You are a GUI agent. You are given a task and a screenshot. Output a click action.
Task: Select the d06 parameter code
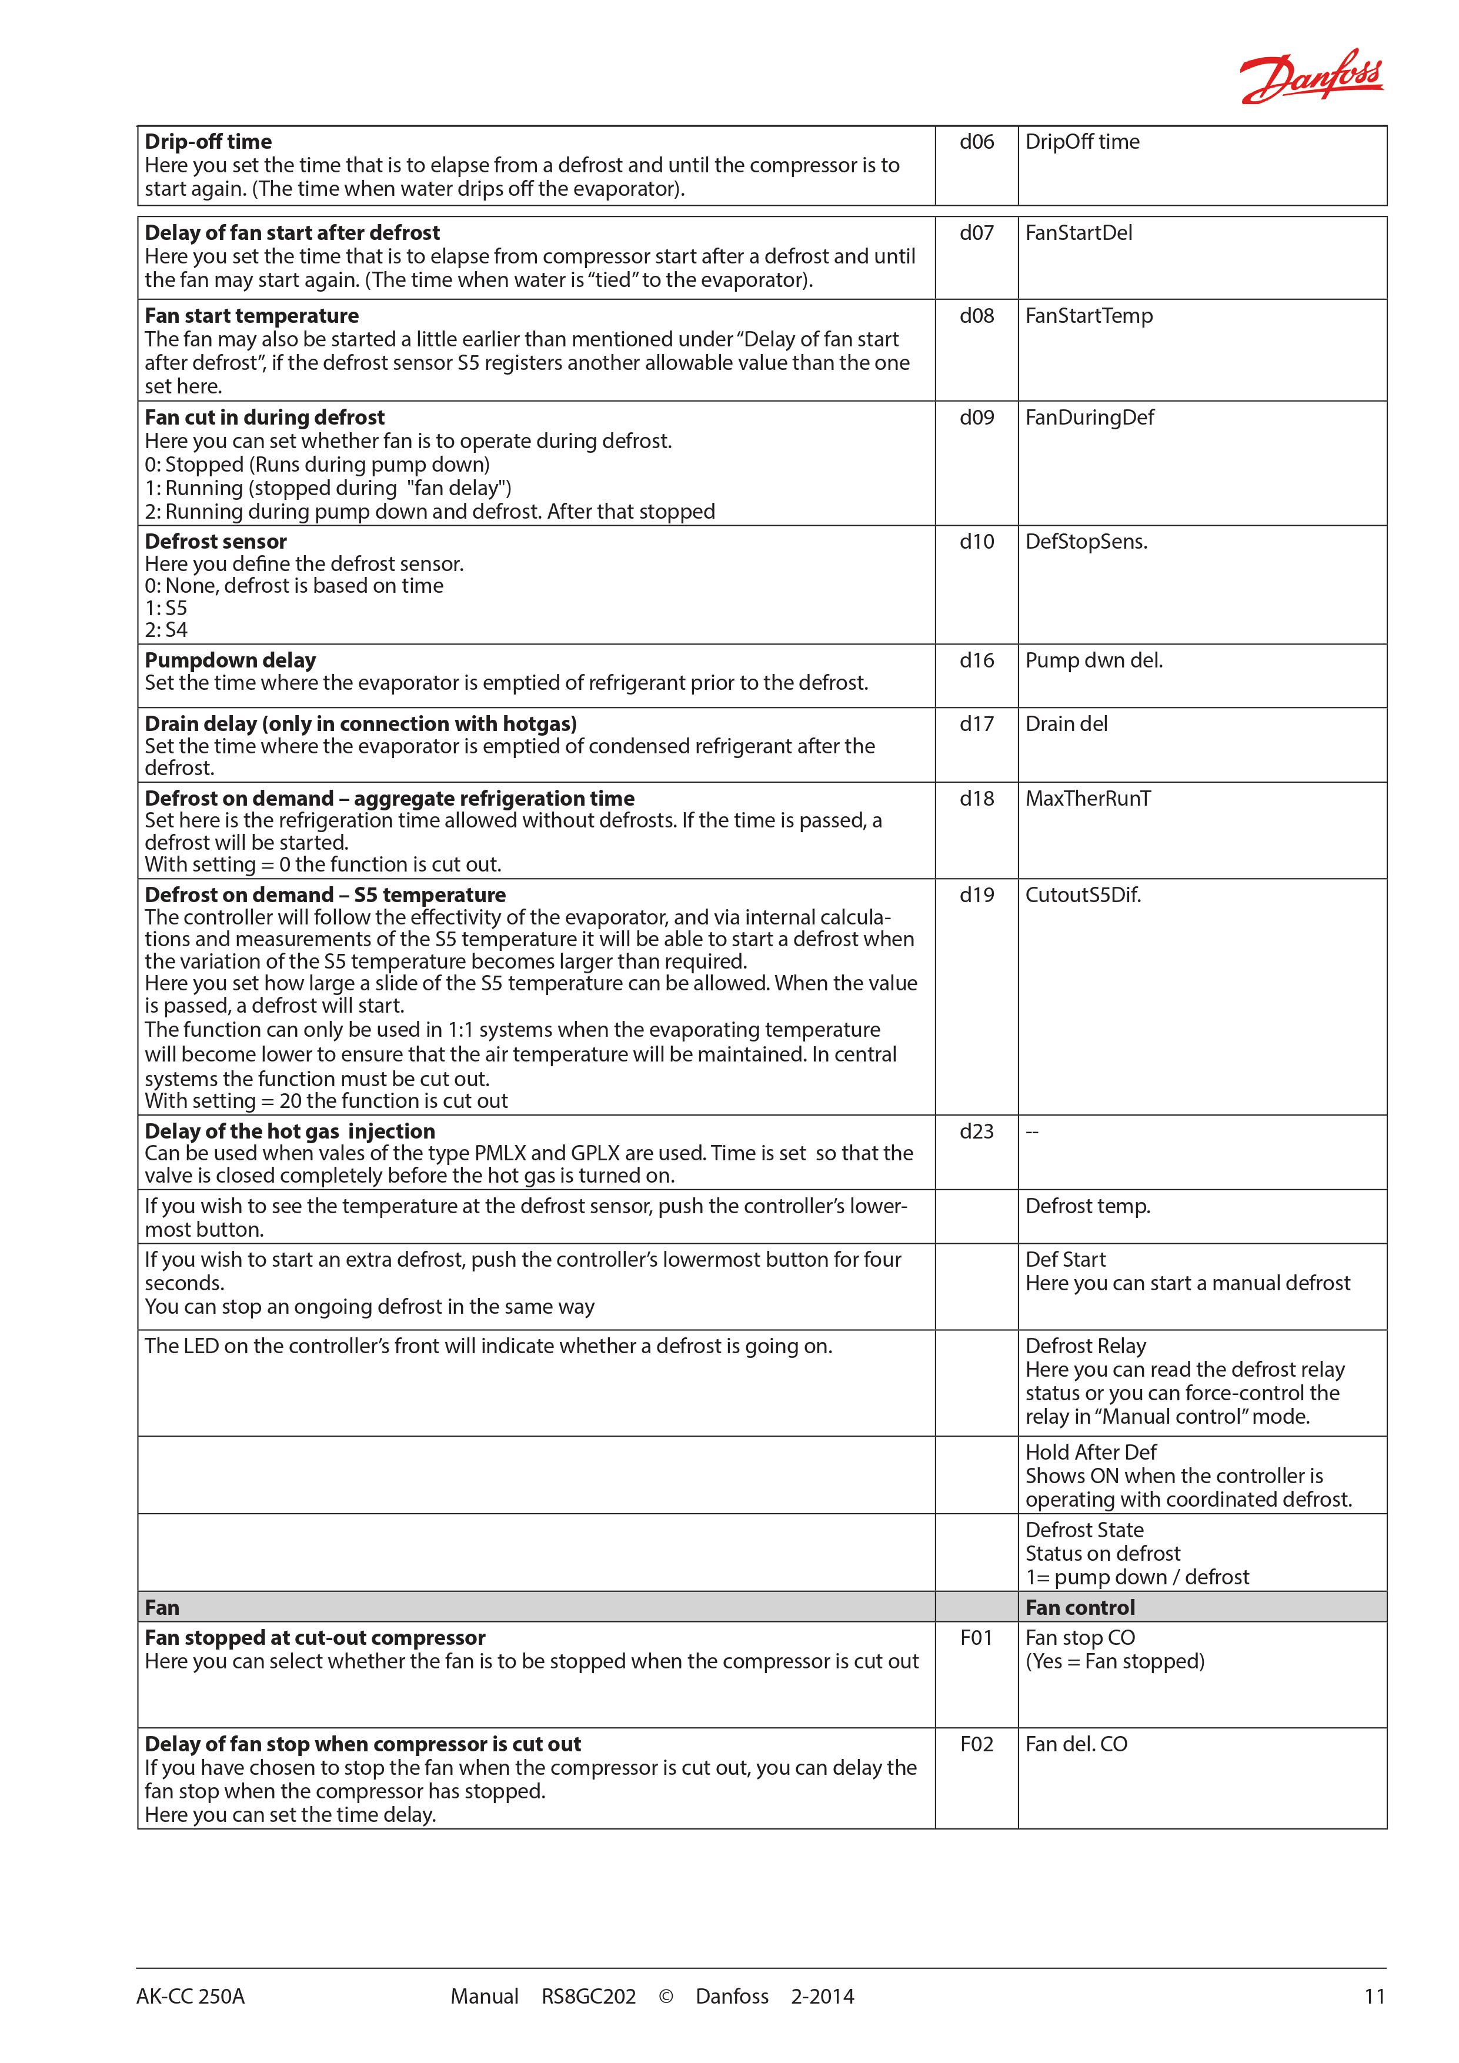pyautogui.click(x=977, y=142)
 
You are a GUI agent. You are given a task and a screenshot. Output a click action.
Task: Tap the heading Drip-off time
pyautogui.click(x=208, y=142)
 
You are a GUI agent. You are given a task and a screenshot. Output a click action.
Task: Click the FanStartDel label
pyautogui.click(x=1078, y=233)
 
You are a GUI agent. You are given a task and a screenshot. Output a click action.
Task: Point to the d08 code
pyautogui.click(x=977, y=316)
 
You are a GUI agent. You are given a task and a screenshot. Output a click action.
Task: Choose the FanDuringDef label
pyautogui.click(x=1090, y=418)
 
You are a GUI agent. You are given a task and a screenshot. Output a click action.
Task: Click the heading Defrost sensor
pyautogui.click(x=216, y=542)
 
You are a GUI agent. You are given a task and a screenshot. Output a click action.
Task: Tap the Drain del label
pyautogui.click(x=1066, y=724)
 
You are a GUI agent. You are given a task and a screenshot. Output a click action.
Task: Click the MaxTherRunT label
pyautogui.click(x=1088, y=799)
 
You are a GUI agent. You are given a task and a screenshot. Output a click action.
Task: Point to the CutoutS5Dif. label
pyautogui.click(x=1083, y=895)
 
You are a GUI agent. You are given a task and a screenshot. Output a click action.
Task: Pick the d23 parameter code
pyautogui.click(x=977, y=1131)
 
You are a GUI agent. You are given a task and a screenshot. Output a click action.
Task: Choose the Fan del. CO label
pyautogui.click(x=1076, y=1744)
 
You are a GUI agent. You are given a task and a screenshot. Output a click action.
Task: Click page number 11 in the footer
pyautogui.click(x=1374, y=1997)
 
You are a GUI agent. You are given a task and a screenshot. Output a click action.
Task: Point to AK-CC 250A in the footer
pyautogui.click(x=191, y=1997)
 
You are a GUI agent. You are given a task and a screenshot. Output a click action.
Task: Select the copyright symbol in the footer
pyautogui.click(x=666, y=1997)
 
